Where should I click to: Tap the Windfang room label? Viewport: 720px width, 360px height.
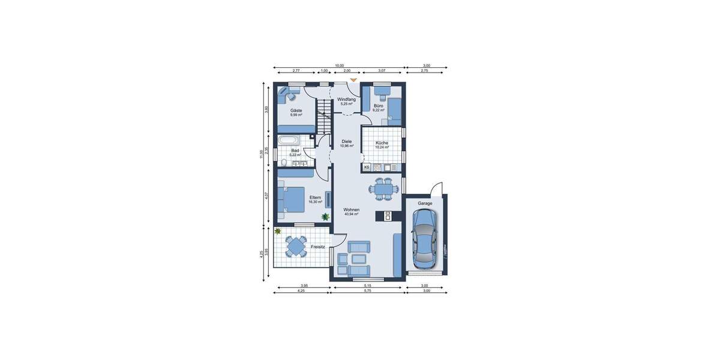[x=346, y=99]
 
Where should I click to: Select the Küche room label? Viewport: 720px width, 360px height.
[x=382, y=143]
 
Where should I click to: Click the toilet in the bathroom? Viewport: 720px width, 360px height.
[x=284, y=161]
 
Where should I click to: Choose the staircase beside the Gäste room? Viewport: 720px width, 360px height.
[x=323, y=117]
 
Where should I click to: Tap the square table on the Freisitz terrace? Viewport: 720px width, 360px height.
[x=296, y=246]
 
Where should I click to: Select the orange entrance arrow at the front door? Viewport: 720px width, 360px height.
[x=353, y=79]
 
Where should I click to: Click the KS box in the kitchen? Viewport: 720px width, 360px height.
[x=366, y=167]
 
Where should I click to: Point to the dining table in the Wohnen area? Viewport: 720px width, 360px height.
[x=382, y=189]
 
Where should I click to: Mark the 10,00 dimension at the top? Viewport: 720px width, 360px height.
[x=339, y=65]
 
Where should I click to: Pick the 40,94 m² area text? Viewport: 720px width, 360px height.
[x=351, y=214]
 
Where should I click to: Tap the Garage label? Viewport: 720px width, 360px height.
[x=425, y=203]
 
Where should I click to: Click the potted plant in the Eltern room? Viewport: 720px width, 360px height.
[x=325, y=217]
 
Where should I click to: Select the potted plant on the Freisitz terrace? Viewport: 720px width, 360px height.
[x=278, y=231]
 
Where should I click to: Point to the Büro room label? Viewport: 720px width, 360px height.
[x=379, y=106]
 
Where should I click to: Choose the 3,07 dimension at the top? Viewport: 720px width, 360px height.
[x=382, y=71]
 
